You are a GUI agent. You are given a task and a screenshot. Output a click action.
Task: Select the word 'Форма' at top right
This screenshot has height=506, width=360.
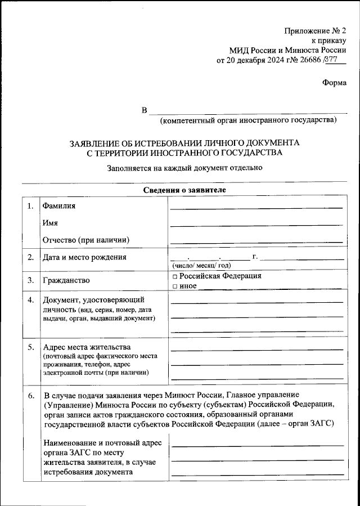(334, 82)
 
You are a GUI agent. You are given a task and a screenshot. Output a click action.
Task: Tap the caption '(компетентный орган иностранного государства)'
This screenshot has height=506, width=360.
(248, 120)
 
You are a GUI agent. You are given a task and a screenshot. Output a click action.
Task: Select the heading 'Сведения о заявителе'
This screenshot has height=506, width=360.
(184, 190)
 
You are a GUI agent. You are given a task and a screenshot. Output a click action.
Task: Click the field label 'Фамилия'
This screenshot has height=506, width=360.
(59, 206)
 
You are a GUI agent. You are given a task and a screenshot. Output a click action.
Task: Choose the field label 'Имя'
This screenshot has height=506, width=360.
(51, 223)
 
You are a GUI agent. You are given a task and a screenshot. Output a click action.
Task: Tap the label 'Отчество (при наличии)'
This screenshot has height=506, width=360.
(86, 240)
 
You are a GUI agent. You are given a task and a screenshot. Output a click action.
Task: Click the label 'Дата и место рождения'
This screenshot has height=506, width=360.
(84, 258)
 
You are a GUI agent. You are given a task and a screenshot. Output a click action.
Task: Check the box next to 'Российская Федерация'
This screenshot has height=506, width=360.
(175, 277)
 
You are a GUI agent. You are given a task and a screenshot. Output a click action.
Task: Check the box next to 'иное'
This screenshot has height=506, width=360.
(175, 286)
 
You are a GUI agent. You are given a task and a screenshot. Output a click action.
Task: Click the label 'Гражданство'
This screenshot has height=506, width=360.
(66, 280)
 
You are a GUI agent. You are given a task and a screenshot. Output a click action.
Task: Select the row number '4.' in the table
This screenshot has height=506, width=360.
(31, 299)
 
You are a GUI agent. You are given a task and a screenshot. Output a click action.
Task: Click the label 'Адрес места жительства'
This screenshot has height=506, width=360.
(87, 346)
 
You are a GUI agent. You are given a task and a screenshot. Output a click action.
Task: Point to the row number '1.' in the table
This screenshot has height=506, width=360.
(30, 206)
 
